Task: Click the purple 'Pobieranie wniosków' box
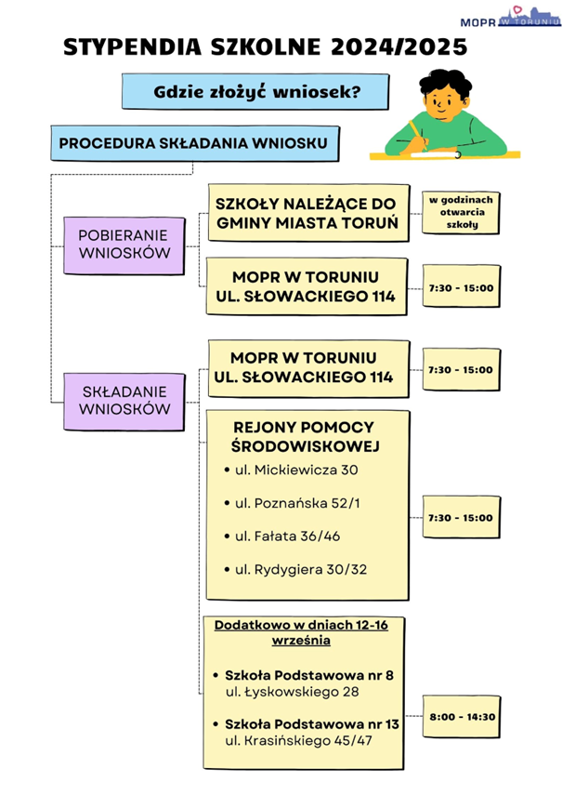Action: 123,245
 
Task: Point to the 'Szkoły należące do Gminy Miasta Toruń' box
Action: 307,213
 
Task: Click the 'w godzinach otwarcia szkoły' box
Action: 462,212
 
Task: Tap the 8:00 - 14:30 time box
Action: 462,717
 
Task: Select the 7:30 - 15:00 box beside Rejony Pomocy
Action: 460,518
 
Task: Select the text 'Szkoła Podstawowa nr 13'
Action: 312,723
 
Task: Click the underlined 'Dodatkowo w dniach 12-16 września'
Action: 301,633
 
